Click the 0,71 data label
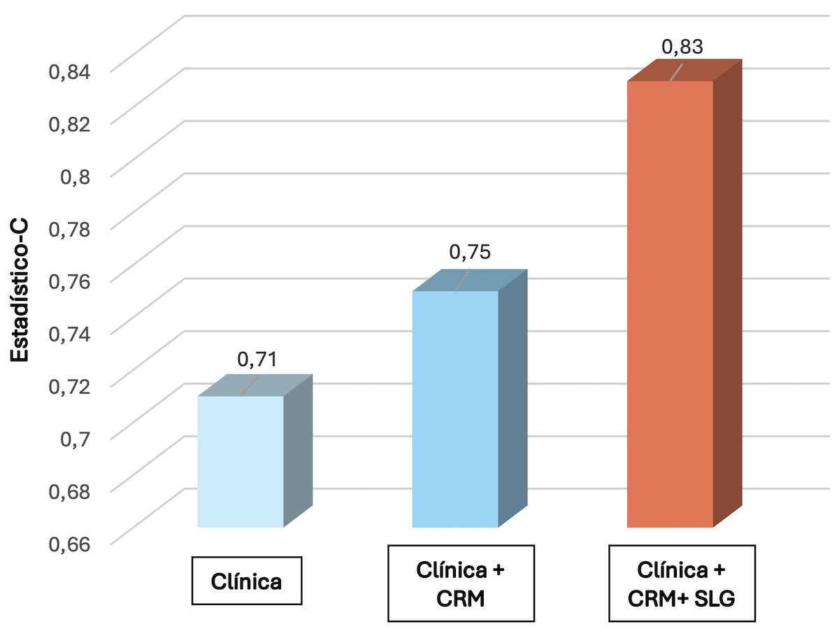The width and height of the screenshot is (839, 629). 257,360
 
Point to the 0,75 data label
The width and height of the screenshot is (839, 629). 470,252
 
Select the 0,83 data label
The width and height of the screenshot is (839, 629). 682,47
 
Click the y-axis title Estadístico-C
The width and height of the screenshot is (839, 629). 19,290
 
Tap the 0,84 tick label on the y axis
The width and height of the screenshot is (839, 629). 69,72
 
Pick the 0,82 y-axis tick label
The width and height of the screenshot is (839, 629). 69,125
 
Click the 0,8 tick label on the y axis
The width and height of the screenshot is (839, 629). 76,176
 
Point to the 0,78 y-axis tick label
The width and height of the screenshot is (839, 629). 69,229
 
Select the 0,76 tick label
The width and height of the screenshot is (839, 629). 69,282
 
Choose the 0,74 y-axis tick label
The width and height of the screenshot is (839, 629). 69,334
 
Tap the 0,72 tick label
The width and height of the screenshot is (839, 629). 69,387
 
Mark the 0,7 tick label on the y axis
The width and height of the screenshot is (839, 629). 76,439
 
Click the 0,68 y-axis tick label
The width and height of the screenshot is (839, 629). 69,492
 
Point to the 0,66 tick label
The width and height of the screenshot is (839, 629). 69,544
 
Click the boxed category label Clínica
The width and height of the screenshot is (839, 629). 247,581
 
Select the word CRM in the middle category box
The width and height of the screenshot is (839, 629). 461,598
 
